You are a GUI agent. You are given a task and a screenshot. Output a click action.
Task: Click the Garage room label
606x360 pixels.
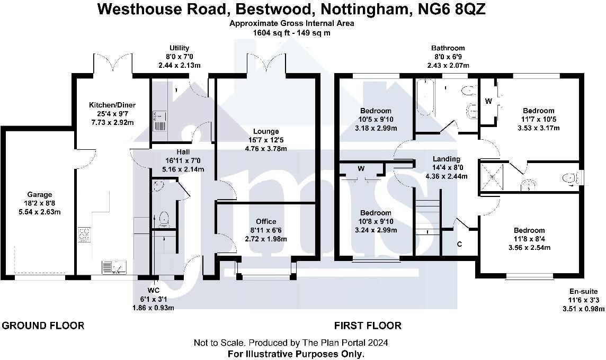pyautogui.click(x=37, y=194)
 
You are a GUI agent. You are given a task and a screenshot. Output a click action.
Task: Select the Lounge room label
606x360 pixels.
pyautogui.click(x=266, y=131)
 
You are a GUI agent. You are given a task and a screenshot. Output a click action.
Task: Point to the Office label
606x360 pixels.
pyautogui.click(x=265, y=221)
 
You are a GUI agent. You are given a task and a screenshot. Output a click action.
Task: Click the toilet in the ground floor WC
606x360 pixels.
pyautogui.click(x=163, y=218)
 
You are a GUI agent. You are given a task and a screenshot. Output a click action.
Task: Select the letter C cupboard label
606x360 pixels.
pyautogui.click(x=459, y=245)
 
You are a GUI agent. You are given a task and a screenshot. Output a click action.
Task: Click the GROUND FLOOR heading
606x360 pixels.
pyautogui.click(x=43, y=326)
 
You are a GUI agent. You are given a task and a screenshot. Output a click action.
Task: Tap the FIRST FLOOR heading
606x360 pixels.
pyautogui.click(x=368, y=326)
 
